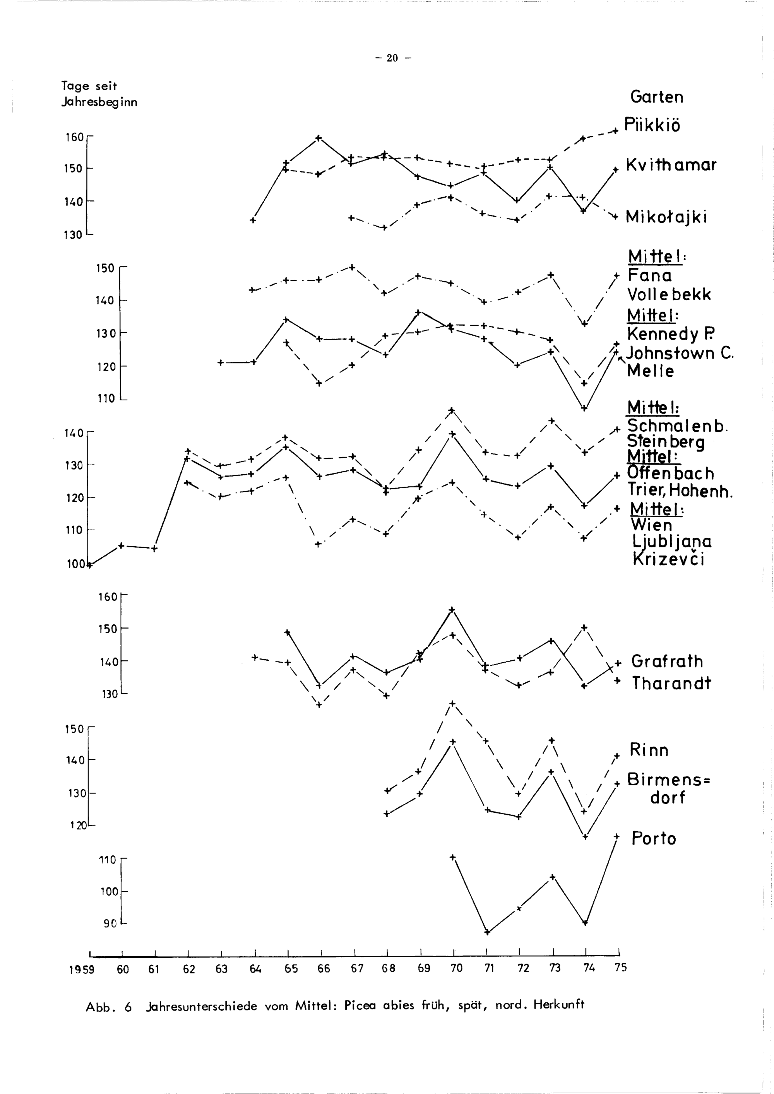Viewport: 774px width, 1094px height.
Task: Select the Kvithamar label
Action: [671, 165]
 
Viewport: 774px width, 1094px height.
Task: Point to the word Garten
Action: [656, 97]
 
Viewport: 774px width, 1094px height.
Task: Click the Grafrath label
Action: [667, 662]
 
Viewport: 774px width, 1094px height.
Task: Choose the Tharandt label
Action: [671, 683]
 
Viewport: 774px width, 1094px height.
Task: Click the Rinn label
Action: [649, 750]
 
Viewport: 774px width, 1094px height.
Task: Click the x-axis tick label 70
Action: [456, 968]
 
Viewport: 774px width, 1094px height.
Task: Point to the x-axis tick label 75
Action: [620, 967]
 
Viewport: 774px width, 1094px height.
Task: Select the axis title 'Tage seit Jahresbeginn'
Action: [99, 94]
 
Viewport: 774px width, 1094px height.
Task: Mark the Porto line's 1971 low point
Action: [486, 932]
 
